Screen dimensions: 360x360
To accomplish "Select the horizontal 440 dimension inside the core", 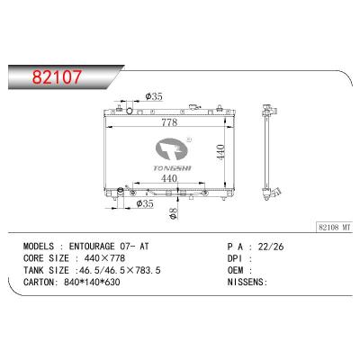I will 167,180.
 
